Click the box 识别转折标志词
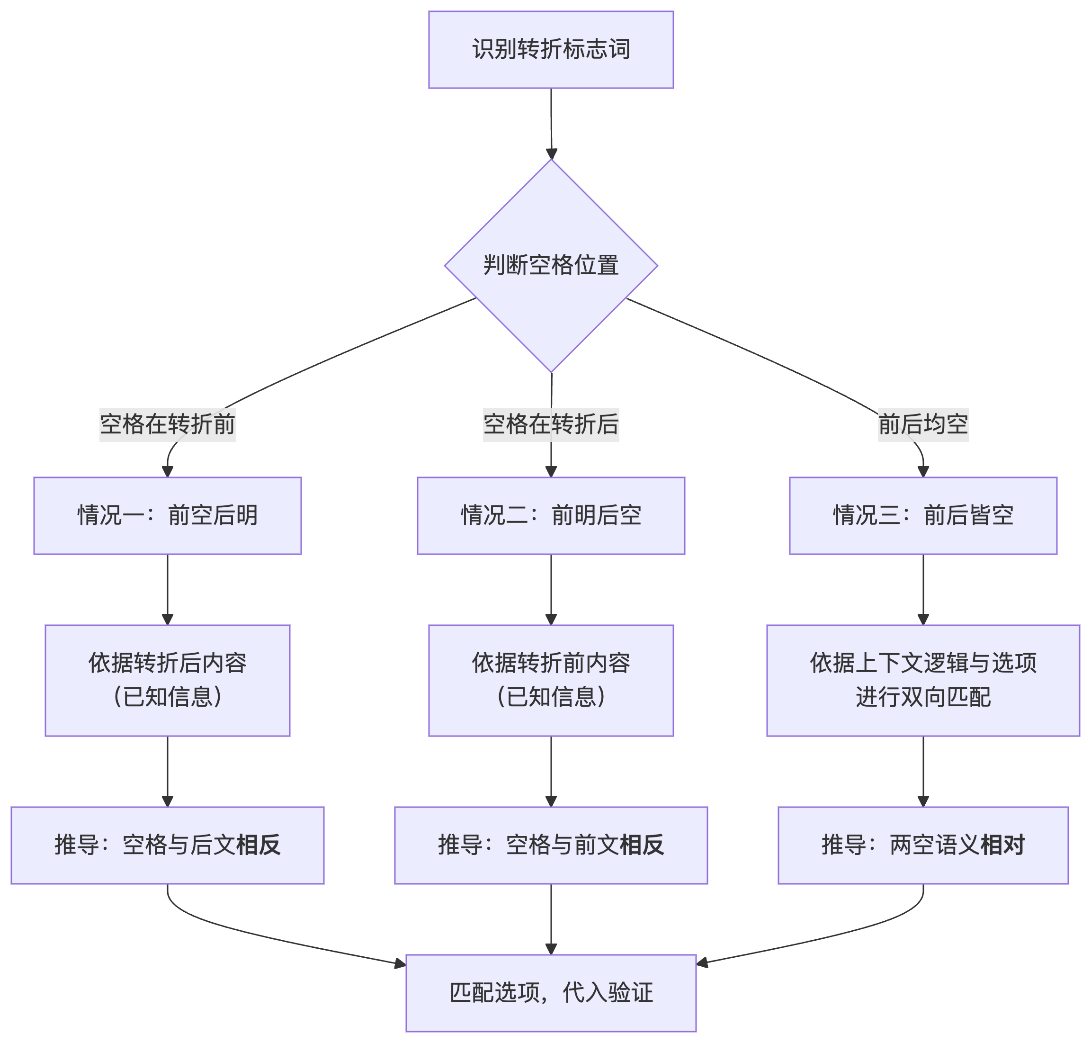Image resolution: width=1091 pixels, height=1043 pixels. point(551,49)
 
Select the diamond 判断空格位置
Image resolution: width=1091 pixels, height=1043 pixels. point(551,265)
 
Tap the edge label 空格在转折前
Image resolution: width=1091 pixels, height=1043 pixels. point(167,425)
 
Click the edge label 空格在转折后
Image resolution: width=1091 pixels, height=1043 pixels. point(551,425)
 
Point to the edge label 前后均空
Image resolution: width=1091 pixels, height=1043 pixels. point(922,425)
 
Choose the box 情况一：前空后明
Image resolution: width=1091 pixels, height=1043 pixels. point(167,515)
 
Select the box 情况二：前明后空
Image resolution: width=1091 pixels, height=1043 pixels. point(551,515)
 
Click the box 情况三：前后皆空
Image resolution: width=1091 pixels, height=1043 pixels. point(922,515)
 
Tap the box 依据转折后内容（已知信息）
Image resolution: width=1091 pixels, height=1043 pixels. point(167,680)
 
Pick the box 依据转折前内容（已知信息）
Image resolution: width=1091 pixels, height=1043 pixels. point(551,680)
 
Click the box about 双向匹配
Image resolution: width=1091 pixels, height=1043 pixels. point(922,680)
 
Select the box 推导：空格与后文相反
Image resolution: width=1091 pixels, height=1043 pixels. point(167,845)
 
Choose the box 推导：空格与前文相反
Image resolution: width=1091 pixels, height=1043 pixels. point(551,845)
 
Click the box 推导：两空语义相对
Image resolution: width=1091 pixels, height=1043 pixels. point(922,845)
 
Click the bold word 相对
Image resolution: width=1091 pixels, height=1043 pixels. point(1002,845)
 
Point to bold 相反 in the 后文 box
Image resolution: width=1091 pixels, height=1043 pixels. point(258,845)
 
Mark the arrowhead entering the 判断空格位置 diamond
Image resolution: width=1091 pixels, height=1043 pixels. point(551,153)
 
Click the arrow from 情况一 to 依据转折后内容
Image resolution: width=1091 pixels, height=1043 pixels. point(167,589)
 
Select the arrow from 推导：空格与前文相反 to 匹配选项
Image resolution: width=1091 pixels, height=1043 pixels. point(551,918)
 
